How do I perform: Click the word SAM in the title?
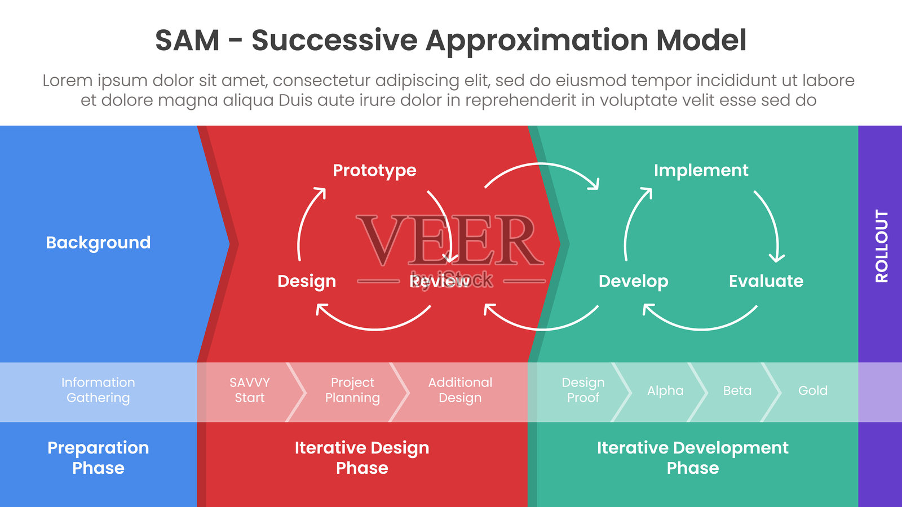pyautogui.click(x=187, y=41)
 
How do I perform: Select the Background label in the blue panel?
pyautogui.click(x=98, y=242)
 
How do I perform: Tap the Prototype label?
pyautogui.click(x=374, y=170)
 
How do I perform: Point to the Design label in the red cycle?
pyautogui.click(x=307, y=281)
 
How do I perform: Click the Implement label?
pyautogui.click(x=701, y=170)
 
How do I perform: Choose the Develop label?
pyautogui.click(x=633, y=281)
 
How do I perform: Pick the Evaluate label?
pyautogui.click(x=766, y=281)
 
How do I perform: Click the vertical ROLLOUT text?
pyautogui.click(x=881, y=246)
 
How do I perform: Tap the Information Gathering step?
pyautogui.click(x=98, y=390)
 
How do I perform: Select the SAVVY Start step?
pyautogui.click(x=249, y=390)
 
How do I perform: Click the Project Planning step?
pyautogui.click(x=352, y=390)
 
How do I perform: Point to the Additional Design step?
pyautogui.click(x=460, y=390)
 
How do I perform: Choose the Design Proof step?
pyautogui.click(x=583, y=390)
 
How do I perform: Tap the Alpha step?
pyautogui.click(x=665, y=390)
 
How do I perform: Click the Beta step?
pyautogui.click(x=737, y=390)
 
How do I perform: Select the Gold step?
pyautogui.click(x=812, y=390)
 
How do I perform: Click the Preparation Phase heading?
pyautogui.click(x=98, y=457)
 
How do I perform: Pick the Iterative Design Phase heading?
pyautogui.click(x=362, y=457)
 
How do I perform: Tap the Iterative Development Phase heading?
pyautogui.click(x=692, y=457)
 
